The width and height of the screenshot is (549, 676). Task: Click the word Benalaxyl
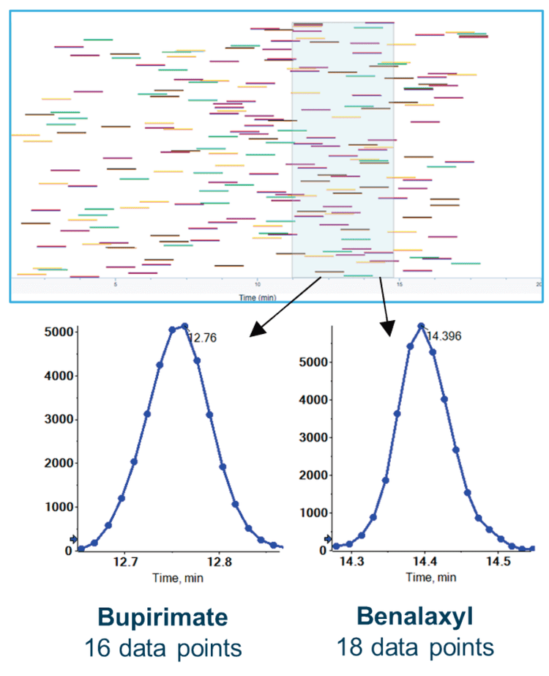point(415,617)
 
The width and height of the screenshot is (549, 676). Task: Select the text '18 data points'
point(415,648)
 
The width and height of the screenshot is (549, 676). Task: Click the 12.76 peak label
point(201,338)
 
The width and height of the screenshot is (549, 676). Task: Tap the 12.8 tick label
point(220,562)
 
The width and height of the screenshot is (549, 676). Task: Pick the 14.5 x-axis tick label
point(498,562)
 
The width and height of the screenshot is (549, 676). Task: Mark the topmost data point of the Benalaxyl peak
point(421,326)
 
